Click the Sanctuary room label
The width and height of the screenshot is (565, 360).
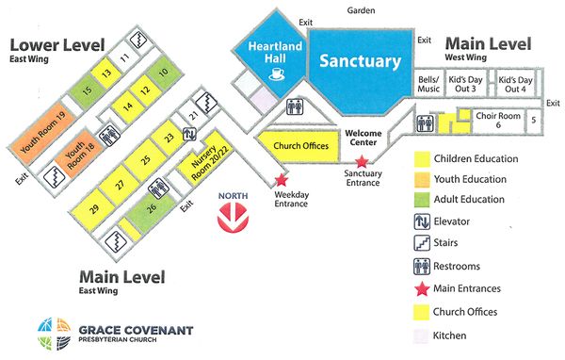(x=361, y=61)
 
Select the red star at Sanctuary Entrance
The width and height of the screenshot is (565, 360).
(x=362, y=162)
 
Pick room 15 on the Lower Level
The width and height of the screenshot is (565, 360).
(x=86, y=90)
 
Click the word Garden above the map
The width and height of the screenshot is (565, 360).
(x=359, y=10)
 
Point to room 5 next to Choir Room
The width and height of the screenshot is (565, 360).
(x=534, y=120)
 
